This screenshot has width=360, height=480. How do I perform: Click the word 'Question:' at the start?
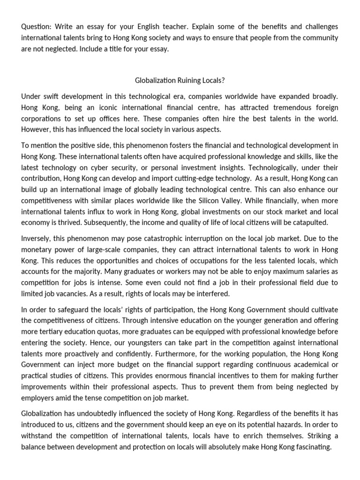pos(36,26)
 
